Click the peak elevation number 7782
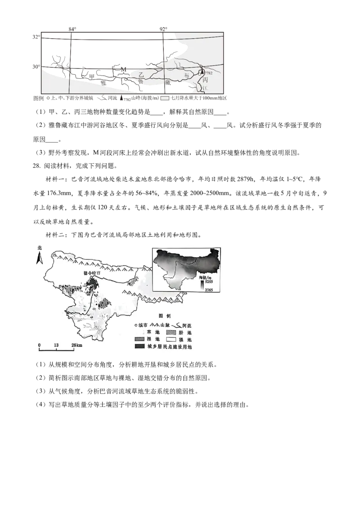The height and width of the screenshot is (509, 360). [x=209, y=73]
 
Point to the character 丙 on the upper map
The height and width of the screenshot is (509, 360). [x=206, y=80]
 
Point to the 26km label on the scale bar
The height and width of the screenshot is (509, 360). [x=76, y=345]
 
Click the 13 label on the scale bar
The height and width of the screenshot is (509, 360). [x=56, y=345]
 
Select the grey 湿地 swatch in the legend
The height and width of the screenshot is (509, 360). [x=139, y=339]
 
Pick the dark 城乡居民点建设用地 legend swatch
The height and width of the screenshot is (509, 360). [x=139, y=347]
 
